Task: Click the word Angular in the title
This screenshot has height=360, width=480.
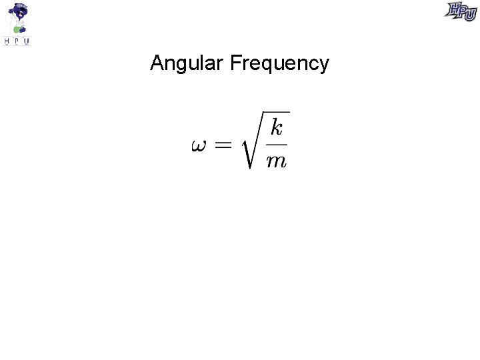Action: coord(187,63)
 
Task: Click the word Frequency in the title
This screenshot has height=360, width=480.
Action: coord(279,63)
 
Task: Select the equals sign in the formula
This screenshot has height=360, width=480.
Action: coord(224,145)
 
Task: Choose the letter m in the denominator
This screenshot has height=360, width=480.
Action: coord(276,161)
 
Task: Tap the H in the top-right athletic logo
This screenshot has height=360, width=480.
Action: coord(455,9)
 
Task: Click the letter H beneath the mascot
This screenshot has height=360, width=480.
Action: coord(7,41)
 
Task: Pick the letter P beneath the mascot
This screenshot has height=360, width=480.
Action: coord(17,41)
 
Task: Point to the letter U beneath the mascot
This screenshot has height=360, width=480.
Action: coord(27,41)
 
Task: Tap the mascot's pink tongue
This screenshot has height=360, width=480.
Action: coord(21,14)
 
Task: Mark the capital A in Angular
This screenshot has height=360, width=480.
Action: coord(157,63)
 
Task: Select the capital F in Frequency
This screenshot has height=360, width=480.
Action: coord(234,63)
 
